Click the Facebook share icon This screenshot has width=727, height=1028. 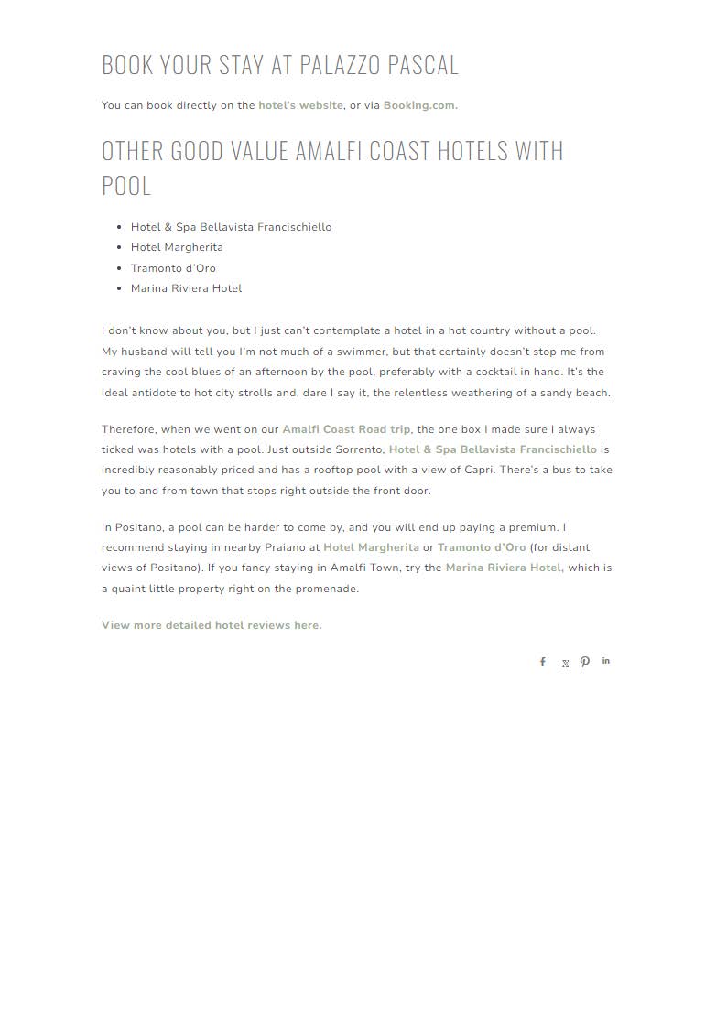pyautogui.click(x=542, y=662)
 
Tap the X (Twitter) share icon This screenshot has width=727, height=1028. pyautogui.click(x=565, y=664)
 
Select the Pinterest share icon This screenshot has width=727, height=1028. pyautogui.click(x=585, y=662)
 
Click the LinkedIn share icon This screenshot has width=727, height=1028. pyautogui.click(x=606, y=661)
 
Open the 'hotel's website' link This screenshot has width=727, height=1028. pyautogui.click(x=300, y=105)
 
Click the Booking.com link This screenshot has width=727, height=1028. pyautogui.click(x=419, y=105)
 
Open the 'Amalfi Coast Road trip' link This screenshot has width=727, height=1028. pyautogui.click(x=346, y=429)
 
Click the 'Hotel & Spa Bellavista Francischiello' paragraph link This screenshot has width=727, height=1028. pyautogui.click(x=493, y=449)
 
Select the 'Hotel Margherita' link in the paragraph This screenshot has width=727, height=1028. pyautogui.click(x=371, y=547)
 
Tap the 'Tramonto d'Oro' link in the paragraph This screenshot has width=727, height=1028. pyautogui.click(x=482, y=547)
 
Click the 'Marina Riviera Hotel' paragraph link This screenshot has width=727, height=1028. pyautogui.click(x=504, y=568)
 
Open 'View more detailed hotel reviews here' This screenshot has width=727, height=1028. pyautogui.click(x=212, y=625)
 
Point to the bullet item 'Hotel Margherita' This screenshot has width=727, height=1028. pyautogui.click(x=177, y=247)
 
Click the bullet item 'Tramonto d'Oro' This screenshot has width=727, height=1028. pyautogui.click(x=173, y=268)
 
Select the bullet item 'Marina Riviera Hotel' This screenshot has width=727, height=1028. pyautogui.click(x=186, y=288)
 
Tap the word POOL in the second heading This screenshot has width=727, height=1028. pyautogui.click(x=126, y=185)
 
